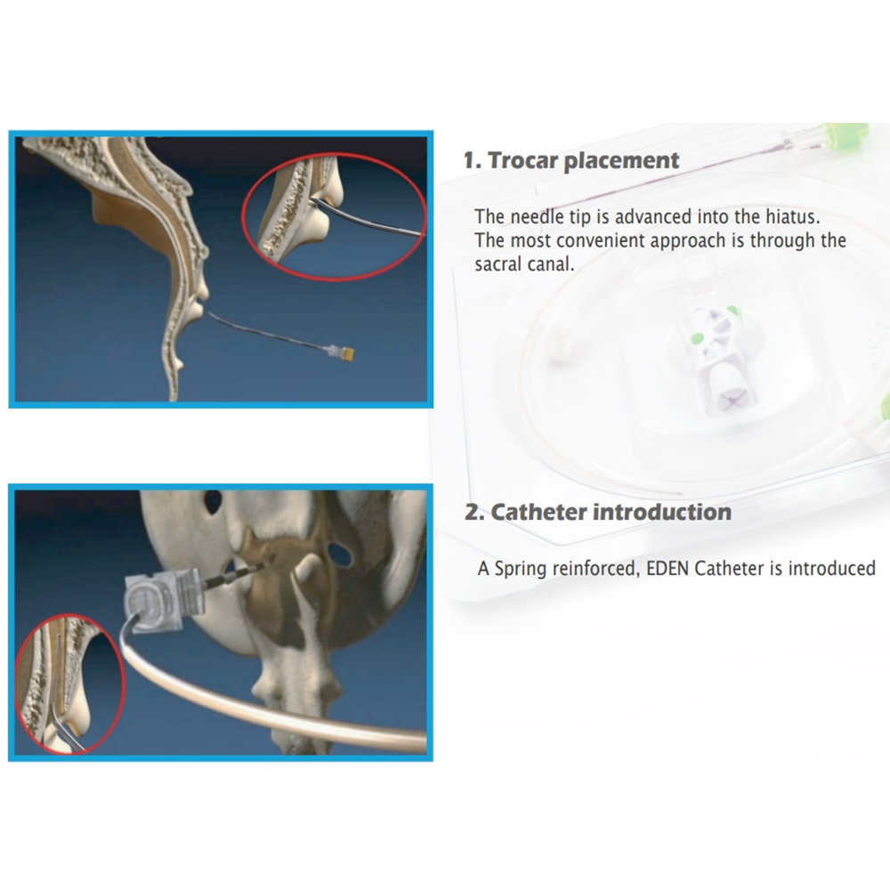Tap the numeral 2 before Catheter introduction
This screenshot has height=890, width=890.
pos(471,513)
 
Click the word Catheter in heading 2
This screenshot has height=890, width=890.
pos(538,513)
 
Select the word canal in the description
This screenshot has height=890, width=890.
pos(551,264)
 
